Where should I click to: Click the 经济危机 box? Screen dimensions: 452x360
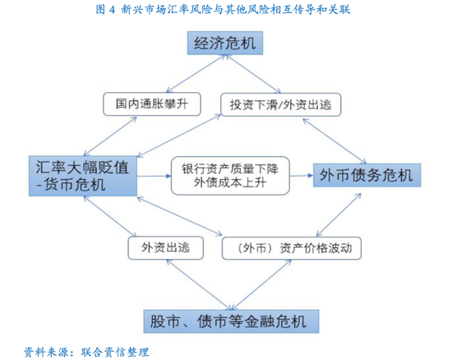click(225, 43)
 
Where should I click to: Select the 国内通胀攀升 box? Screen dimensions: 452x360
click(152, 104)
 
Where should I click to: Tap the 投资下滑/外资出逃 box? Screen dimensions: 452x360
click(281, 104)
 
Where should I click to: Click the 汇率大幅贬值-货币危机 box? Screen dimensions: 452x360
click(83, 176)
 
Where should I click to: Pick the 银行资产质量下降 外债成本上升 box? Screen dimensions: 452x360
click(230, 176)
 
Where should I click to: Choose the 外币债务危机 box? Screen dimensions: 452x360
click(367, 175)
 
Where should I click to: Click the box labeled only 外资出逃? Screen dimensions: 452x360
click(166, 248)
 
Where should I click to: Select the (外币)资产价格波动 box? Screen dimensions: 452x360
click(292, 248)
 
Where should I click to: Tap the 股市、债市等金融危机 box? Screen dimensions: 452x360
click(231, 321)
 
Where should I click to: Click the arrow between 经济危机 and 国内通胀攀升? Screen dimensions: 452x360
click(196, 73)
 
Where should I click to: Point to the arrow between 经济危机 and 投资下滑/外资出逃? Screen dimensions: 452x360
click(253, 74)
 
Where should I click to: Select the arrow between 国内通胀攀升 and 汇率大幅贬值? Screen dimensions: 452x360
click(110, 136)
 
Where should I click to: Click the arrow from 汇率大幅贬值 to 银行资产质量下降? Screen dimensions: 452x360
click(154, 176)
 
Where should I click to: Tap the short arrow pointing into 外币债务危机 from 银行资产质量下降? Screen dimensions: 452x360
click(302, 176)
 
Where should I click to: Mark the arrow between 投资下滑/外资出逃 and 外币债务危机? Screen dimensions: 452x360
click(334, 141)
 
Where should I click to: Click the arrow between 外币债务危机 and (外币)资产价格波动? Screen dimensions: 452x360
click(339, 215)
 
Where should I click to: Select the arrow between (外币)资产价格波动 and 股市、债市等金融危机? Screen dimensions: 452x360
click(261, 284)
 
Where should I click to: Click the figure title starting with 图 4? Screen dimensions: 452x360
click(223, 10)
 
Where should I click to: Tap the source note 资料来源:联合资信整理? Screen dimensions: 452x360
click(86, 352)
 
